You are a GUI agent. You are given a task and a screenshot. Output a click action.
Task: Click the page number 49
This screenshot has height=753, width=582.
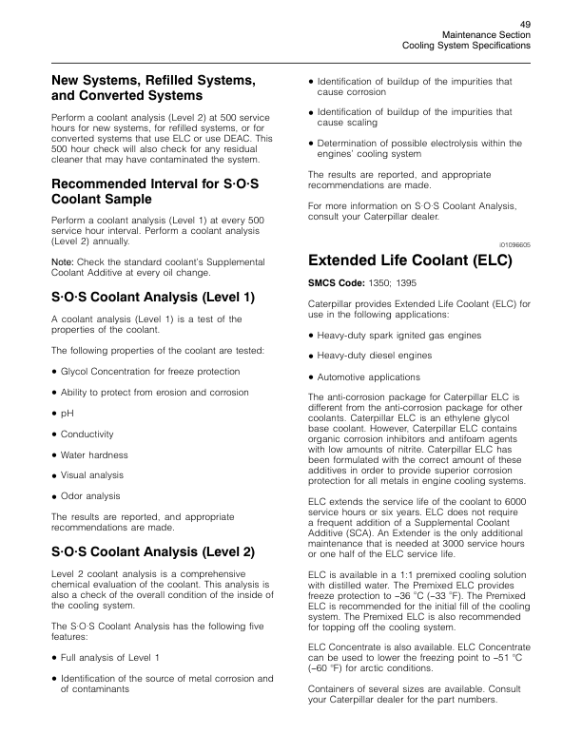click(x=525, y=23)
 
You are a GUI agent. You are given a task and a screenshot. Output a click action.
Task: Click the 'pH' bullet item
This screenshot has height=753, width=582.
click(x=67, y=414)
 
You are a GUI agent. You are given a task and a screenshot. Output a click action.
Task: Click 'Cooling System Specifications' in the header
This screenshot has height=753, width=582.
click(x=467, y=45)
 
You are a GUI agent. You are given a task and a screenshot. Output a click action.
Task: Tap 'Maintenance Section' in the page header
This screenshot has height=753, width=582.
click(x=487, y=34)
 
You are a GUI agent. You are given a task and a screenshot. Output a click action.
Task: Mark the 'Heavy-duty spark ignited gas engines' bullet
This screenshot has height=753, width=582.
click(x=398, y=335)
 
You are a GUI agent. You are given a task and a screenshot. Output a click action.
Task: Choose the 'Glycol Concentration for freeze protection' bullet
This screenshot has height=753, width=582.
click(x=150, y=371)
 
